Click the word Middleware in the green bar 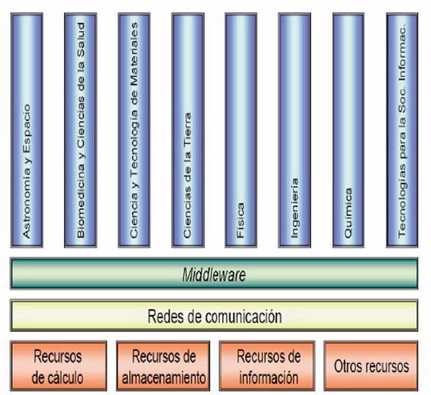tap(214, 275)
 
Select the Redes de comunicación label tap(214, 317)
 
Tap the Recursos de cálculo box tap(58, 366)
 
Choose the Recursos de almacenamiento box tap(163, 366)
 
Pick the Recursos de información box tap(267, 366)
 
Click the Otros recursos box tap(371, 366)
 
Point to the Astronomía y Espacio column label tap(27, 171)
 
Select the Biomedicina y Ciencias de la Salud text tap(81, 130)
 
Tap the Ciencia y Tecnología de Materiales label tap(133, 130)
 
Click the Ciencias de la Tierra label tap(187, 175)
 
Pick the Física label tap(240, 220)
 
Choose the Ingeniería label tap(294, 209)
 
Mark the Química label tap(348, 213)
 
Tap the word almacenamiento tap(164, 378)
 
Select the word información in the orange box tap(269, 377)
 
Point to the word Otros tap(346, 366)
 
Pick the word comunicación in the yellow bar tap(244, 317)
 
